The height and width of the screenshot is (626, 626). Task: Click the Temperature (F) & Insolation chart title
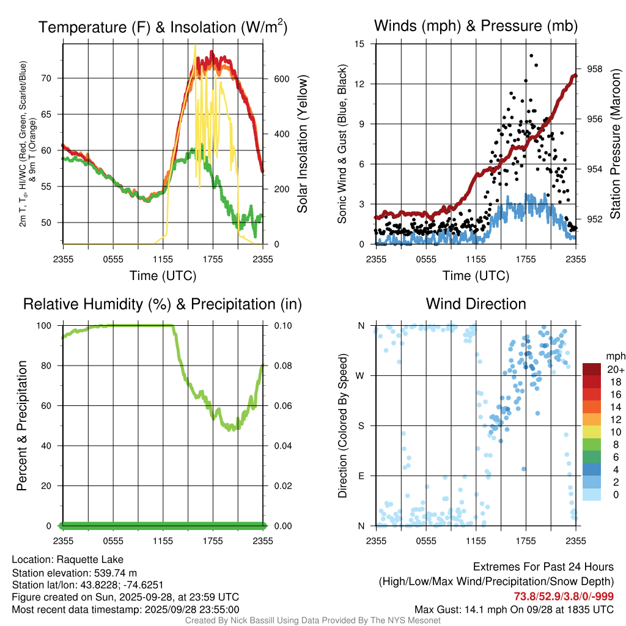tap(163, 28)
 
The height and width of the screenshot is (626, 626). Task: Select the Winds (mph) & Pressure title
tap(476, 26)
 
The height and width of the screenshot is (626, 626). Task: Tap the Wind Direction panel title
tap(476, 304)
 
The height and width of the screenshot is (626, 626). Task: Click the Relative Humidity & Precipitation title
tap(163, 304)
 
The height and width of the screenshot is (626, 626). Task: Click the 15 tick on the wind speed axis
tap(359, 44)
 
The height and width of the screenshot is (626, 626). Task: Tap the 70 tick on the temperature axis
tap(51, 78)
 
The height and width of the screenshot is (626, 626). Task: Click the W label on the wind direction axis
tap(361, 375)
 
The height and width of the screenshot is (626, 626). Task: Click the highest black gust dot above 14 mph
tap(531, 56)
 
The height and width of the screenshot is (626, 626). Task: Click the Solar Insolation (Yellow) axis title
tap(302, 144)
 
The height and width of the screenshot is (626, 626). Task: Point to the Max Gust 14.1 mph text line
tap(514, 609)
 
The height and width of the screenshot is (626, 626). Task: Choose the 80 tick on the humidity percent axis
tap(51, 366)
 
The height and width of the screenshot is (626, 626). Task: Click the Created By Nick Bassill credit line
tap(312, 620)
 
